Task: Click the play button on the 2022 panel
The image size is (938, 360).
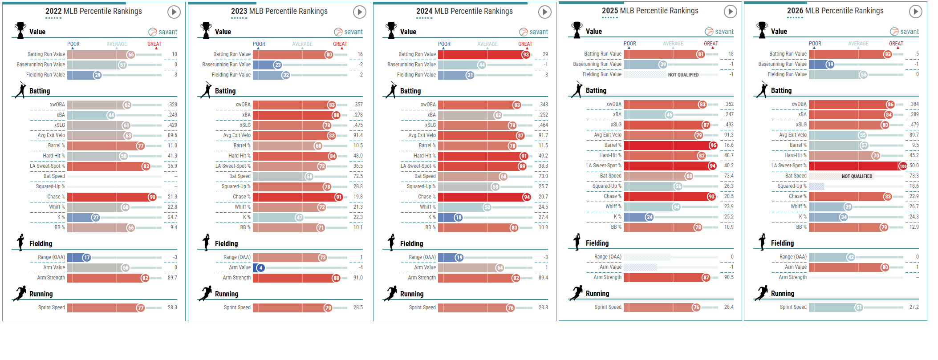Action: pyautogui.click(x=174, y=12)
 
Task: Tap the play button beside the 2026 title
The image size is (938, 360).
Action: pyautogui.click(x=915, y=12)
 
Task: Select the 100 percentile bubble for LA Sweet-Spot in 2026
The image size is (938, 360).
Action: pyautogui.click(x=903, y=166)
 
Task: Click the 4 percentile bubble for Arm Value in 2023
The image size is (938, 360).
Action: pyautogui.click(x=260, y=268)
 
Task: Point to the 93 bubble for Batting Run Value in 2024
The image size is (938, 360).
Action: pyautogui.click(x=526, y=55)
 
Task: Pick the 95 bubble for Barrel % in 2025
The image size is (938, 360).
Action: pyautogui.click(x=713, y=146)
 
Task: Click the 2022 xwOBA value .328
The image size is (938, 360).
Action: pyautogui.click(x=173, y=105)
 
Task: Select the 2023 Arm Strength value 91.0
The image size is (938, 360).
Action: pyautogui.click(x=358, y=278)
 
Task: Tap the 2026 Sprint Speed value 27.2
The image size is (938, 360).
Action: pyautogui.click(x=914, y=307)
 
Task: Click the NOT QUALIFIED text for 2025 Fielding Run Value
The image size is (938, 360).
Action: pyautogui.click(x=683, y=75)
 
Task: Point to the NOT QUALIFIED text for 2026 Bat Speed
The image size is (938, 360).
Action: pyautogui.click(x=857, y=176)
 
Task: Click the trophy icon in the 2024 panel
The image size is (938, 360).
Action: pyautogui.click(x=391, y=31)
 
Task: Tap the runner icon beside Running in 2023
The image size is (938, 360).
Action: pyautogui.click(x=205, y=294)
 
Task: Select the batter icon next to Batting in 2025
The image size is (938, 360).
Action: pyautogui.click(x=577, y=90)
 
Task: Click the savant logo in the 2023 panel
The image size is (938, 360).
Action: pyautogui.click(x=349, y=32)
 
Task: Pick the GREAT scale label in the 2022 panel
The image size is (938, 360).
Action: pyautogui.click(x=154, y=44)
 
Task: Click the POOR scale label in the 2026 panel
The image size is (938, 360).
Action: pyautogui.click(x=815, y=44)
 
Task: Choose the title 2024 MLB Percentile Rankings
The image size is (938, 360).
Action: pyautogui.click(x=464, y=11)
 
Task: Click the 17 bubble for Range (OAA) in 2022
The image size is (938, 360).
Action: pyautogui.click(x=86, y=258)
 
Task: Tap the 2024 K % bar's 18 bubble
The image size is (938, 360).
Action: pyautogui.click(x=458, y=218)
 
